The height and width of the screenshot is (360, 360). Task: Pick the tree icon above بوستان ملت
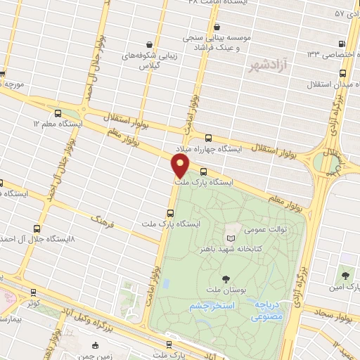[x=225, y=279]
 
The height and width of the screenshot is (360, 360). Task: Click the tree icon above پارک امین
[x=345, y=275]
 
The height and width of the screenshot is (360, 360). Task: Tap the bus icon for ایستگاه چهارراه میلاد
[x=207, y=138]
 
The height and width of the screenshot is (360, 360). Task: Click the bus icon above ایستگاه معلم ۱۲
[x=57, y=112]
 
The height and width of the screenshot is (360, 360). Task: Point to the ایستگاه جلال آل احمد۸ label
[x=36, y=240]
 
